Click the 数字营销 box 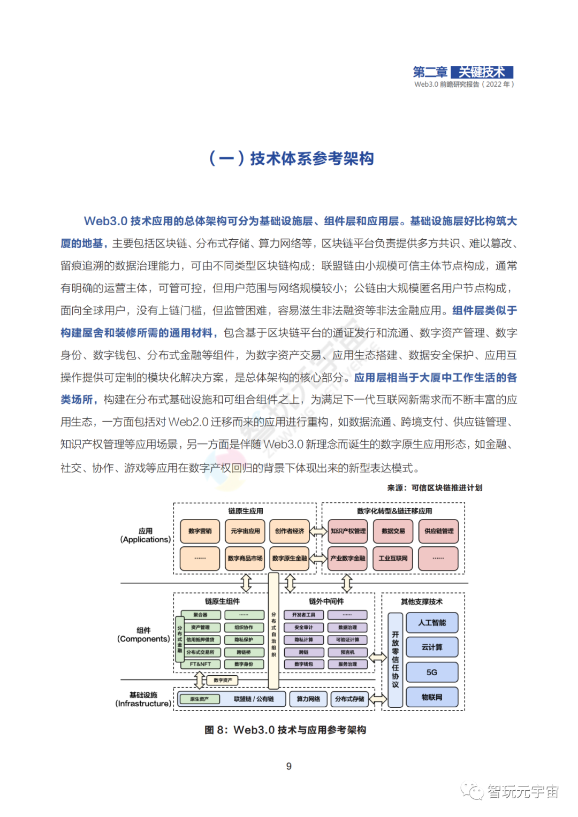point(200,531)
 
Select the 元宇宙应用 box point(245,531)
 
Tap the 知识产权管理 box point(348,531)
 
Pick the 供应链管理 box point(438,531)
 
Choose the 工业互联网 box point(393,558)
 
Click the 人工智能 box point(432,623)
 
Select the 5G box point(432,672)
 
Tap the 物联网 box point(432,697)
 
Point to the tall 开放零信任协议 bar point(395,660)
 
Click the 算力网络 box point(308,699)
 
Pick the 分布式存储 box point(349,699)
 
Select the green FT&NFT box point(200,664)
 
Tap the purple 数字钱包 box point(303,664)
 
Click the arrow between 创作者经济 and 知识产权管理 point(319,531)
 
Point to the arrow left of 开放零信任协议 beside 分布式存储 point(378,699)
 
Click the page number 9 point(289,766)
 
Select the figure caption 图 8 point(285,730)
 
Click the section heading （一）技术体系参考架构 point(291,158)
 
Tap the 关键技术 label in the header point(482,72)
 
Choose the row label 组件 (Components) point(144,635)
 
